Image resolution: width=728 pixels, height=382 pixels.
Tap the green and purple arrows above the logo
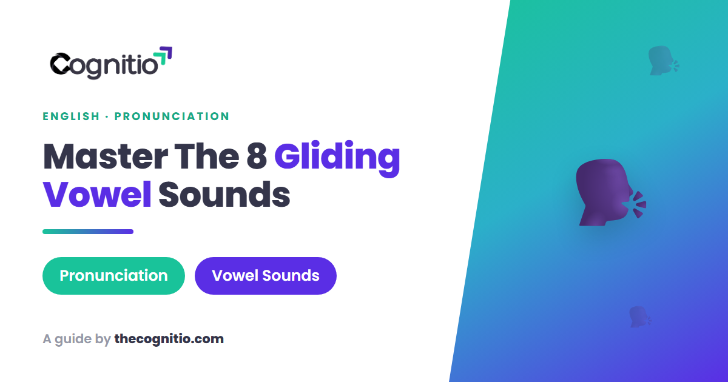point(163,56)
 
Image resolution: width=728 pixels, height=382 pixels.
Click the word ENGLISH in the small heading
point(71,116)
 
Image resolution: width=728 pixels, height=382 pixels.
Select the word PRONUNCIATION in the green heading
point(172,116)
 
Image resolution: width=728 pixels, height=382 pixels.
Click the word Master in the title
point(106,156)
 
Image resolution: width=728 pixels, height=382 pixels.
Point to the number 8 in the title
point(257,156)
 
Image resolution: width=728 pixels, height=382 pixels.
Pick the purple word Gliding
point(337,158)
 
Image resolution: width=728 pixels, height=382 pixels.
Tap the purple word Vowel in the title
point(97,194)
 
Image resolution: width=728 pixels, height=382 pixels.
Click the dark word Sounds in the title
point(224,194)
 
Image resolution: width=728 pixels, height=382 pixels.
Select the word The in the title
point(207,156)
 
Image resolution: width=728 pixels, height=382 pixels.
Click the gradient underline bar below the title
point(88,232)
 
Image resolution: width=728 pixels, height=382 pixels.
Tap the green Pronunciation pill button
point(114,276)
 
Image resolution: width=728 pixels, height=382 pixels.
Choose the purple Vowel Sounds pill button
point(266,276)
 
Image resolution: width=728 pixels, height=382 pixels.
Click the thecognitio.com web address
point(169,339)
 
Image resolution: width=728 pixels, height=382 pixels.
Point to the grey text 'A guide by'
point(76,340)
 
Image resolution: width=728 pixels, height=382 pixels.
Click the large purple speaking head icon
point(604,192)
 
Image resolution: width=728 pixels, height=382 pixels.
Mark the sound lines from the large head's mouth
point(639,205)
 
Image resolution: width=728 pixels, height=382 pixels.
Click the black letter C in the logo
point(60,63)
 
